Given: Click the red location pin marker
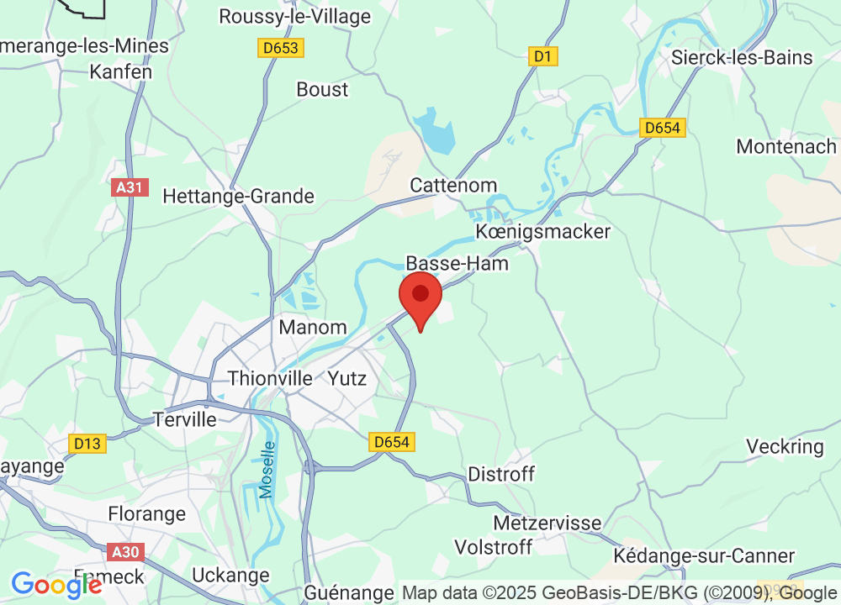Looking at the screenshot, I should pyautogui.click(x=420, y=300).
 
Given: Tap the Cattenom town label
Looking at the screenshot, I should pyautogui.click(x=453, y=185).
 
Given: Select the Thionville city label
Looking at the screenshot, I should pyautogui.click(x=271, y=378).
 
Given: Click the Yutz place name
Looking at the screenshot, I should pyautogui.click(x=347, y=378).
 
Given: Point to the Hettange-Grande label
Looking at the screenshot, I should pyautogui.click(x=238, y=196).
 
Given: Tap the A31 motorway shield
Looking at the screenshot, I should pyautogui.click(x=130, y=187).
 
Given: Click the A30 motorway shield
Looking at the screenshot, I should pyautogui.click(x=127, y=552).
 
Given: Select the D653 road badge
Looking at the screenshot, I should pyautogui.click(x=280, y=48).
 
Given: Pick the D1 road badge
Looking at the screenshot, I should pyautogui.click(x=544, y=56).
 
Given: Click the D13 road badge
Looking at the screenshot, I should pyautogui.click(x=87, y=443).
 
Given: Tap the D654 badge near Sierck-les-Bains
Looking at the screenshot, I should pyautogui.click(x=664, y=128).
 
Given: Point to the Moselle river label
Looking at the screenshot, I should pyautogui.click(x=267, y=470).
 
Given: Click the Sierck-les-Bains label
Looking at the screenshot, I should pyautogui.click(x=742, y=57).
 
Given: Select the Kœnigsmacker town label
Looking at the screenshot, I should pyautogui.click(x=542, y=231).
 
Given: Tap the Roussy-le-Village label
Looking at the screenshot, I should pyautogui.click(x=294, y=16).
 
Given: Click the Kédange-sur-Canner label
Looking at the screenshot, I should pyautogui.click(x=704, y=555).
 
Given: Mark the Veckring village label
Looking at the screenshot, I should pyautogui.click(x=785, y=446).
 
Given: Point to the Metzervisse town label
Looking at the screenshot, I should pyautogui.click(x=547, y=523).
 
